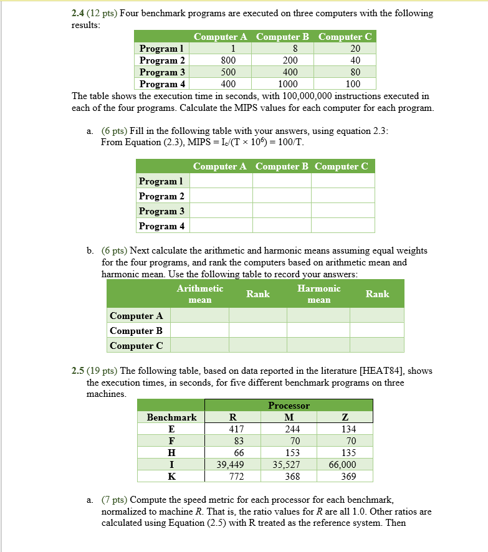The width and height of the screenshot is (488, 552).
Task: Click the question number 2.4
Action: click(79, 13)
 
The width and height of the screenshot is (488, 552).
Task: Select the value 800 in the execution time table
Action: click(228, 60)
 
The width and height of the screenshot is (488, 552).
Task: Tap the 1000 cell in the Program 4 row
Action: click(288, 84)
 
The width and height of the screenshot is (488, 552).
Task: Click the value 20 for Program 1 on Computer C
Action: click(355, 49)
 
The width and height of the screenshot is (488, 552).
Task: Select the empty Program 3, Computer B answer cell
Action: click(282, 211)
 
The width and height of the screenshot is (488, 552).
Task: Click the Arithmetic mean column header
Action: click(199, 294)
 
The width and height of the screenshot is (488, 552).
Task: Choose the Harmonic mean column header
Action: click(319, 294)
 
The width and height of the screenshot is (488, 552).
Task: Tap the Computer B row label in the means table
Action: click(136, 331)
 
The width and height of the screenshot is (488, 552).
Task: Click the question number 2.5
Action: click(79, 371)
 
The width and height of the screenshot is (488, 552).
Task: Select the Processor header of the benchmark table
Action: click(289, 405)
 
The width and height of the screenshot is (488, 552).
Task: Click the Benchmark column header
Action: click(171, 417)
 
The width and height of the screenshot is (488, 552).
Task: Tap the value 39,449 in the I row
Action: click(231, 464)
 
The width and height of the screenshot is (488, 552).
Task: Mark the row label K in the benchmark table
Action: click(171, 476)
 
